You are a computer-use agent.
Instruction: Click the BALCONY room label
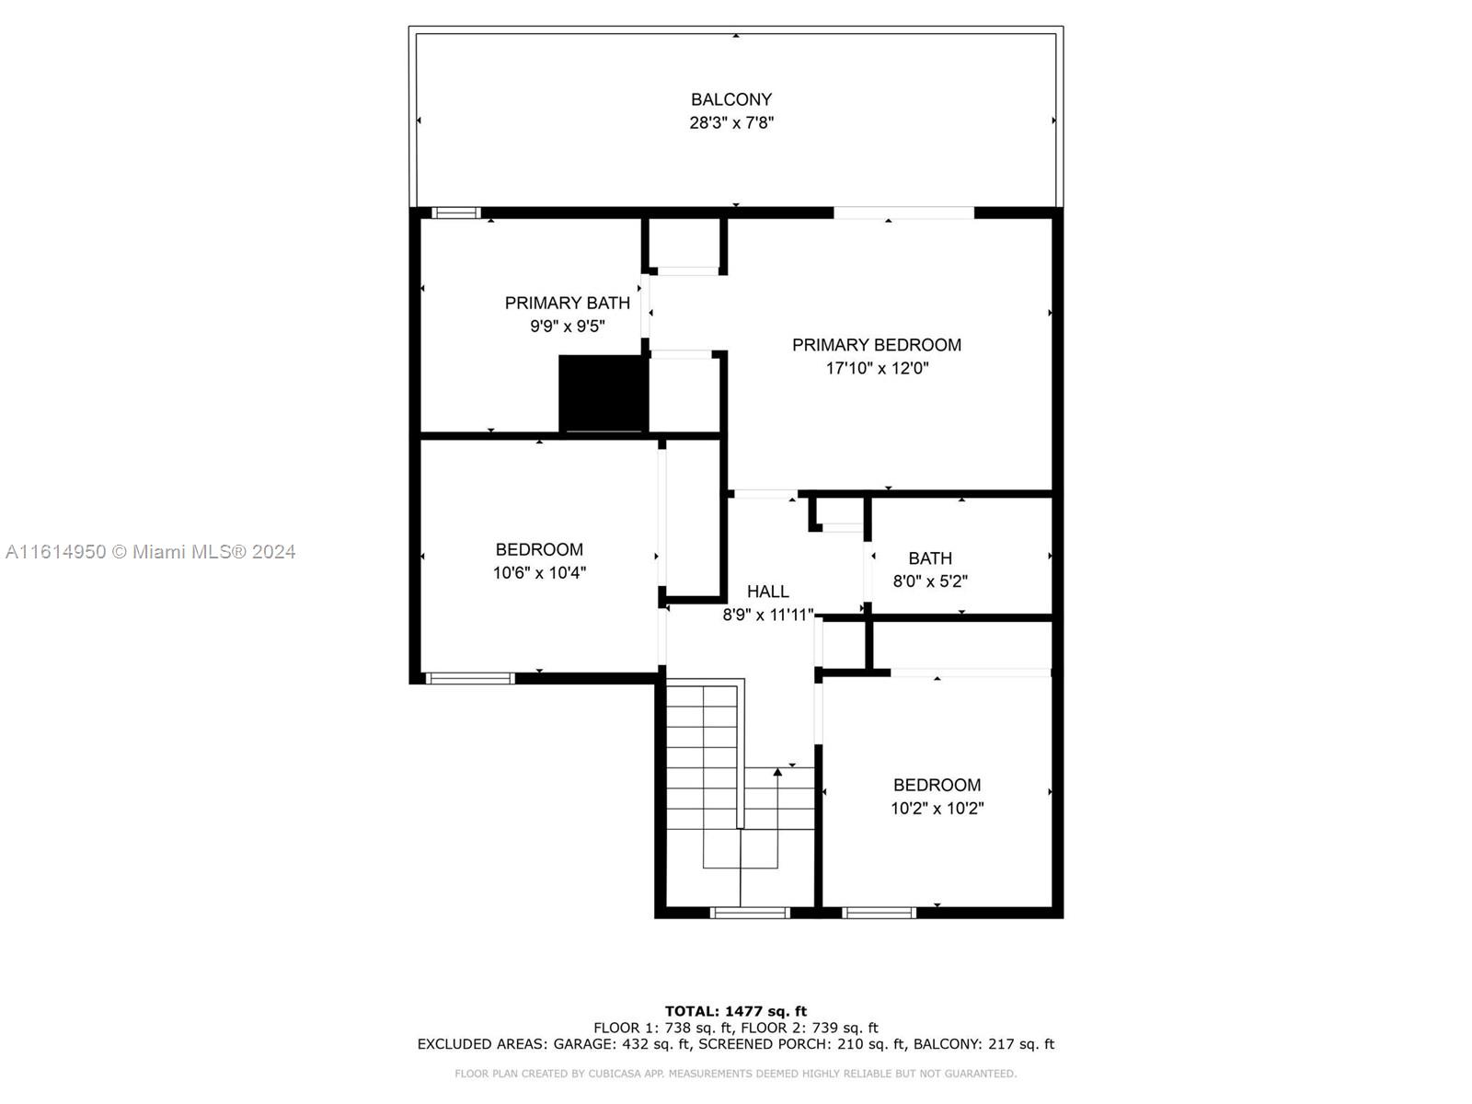click(731, 99)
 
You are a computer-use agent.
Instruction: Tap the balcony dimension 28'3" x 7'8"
click(731, 122)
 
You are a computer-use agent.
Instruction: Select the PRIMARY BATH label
click(568, 303)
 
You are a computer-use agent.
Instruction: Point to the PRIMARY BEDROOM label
click(877, 344)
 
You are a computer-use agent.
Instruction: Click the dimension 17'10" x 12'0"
click(877, 368)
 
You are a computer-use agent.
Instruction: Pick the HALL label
click(768, 592)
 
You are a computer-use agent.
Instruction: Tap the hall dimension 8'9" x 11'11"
click(768, 615)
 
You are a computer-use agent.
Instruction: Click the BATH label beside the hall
click(930, 558)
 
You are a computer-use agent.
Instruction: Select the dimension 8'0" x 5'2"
click(930, 581)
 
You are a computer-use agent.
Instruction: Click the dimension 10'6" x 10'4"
click(539, 573)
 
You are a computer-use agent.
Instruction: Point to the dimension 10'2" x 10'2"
click(937, 809)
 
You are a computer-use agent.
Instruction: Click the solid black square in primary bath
click(603, 394)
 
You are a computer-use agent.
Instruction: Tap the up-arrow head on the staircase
click(777, 772)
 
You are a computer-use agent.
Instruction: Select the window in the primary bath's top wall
click(456, 213)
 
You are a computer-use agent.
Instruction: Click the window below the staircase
click(750, 913)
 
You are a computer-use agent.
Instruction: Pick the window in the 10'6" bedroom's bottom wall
click(470, 678)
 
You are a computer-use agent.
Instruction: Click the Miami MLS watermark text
click(150, 552)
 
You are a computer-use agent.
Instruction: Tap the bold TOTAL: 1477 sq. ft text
click(736, 1011)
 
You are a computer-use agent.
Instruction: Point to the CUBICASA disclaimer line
click(736, 1073)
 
